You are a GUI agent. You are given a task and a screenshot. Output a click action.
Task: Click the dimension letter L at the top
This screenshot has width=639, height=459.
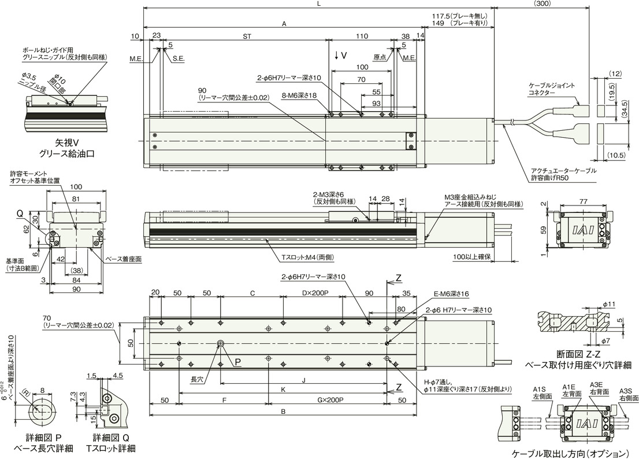tap(319, 3)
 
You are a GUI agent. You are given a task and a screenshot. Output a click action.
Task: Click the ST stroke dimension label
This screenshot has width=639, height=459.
tap(247, 36)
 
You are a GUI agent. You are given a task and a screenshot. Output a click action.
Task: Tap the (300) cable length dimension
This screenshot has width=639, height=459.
tap(542, 3)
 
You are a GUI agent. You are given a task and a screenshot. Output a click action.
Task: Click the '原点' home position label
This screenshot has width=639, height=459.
tap(380, 57)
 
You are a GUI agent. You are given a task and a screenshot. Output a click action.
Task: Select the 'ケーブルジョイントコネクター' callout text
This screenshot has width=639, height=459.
tap(552, 89)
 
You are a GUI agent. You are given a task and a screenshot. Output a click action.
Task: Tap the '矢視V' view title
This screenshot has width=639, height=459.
tap(66, 143)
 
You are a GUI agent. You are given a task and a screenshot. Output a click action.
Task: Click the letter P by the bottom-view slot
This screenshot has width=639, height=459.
tap(237, 361)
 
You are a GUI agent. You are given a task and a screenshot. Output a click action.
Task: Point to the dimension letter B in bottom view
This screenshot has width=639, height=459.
tap(283, 412)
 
